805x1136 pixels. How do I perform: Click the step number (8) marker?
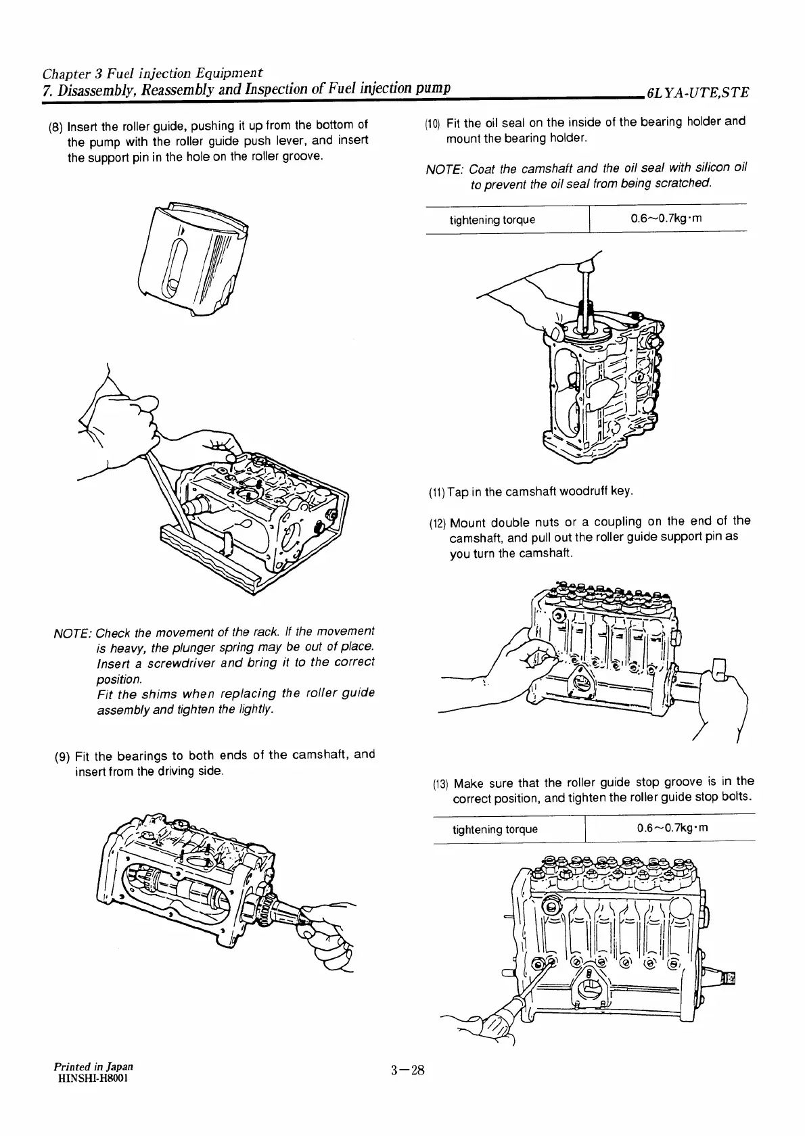[x=57, y=126]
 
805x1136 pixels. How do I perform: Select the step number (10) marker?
[x=433, y=123]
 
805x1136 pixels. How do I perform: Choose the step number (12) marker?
[x=438, y=523]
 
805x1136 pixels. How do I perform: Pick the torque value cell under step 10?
[x=667, y=219]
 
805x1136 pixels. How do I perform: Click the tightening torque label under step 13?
[x=495, y=830]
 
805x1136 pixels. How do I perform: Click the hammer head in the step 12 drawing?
[x=718, y=669]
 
